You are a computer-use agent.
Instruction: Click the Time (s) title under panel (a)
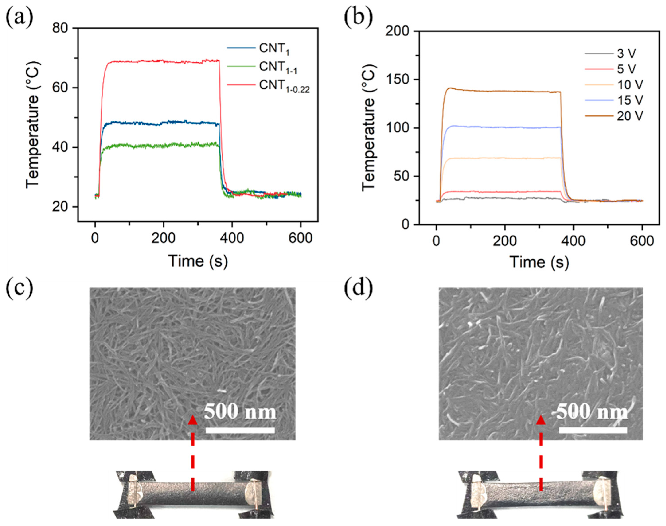[198, 261]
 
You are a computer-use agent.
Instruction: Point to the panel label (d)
[358, 289]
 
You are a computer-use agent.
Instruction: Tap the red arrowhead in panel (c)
[193, 420]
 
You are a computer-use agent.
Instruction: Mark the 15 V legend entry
[630, 100]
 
